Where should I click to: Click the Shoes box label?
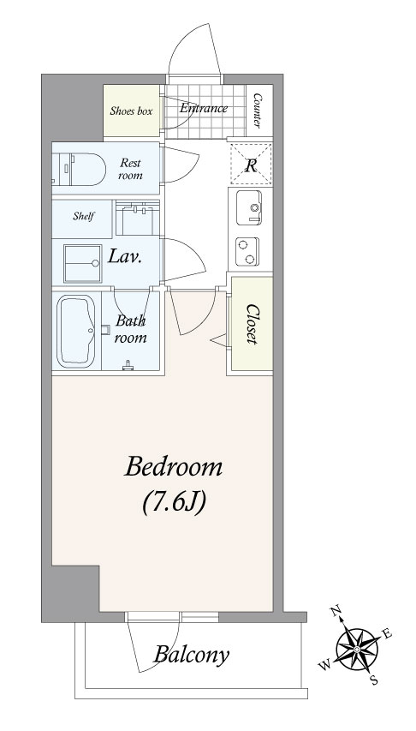coord(131,111)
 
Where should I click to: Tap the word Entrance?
coord(204,109)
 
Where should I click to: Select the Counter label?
coord(257,111)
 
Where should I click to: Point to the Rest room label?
coord(130,169)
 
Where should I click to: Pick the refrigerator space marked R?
coord(252,164)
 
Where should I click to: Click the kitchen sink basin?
coord(249,207)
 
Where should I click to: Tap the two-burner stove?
coord(247,252)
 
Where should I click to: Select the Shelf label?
coord(84,216)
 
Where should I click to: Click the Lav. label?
coord(125,256)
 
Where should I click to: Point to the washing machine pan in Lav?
coord(83,263)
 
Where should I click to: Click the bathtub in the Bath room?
coord(76,332)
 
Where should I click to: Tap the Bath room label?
coord(131,329)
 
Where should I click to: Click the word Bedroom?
coord(173,467)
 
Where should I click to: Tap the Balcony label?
coord(192,656)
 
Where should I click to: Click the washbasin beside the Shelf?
coord(138,219)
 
